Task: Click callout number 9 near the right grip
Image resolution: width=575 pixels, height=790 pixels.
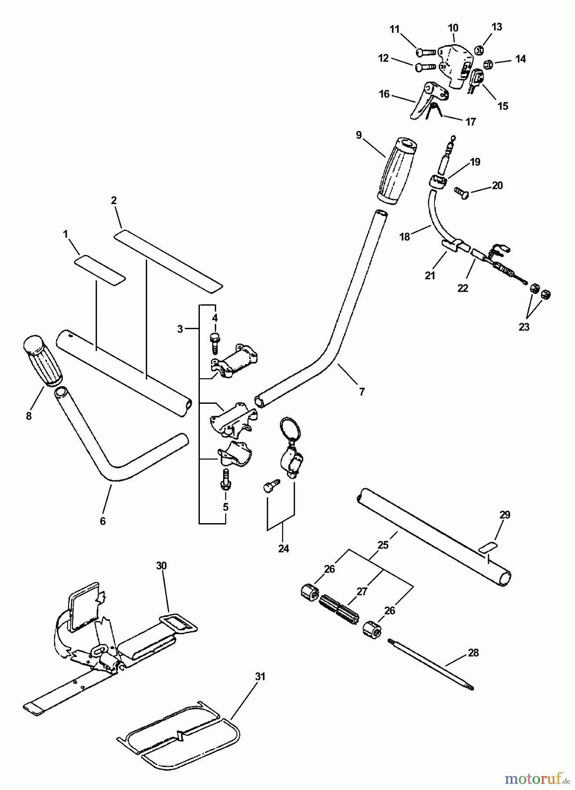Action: point(359,135)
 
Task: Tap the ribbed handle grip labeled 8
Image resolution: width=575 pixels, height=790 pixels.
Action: point(42,361)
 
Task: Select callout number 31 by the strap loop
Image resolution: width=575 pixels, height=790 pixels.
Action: point(260,677)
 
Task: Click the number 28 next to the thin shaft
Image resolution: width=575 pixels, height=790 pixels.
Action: point(473,653)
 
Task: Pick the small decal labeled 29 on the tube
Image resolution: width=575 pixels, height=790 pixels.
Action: point(488,546)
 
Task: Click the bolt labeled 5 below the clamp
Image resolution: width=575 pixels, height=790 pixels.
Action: point(225,479)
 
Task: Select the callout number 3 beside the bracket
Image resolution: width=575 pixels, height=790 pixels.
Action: point(180,329)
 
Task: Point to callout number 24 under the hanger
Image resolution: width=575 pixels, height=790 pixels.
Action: point(283,548)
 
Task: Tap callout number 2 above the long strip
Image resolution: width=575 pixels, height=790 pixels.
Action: point(114,201)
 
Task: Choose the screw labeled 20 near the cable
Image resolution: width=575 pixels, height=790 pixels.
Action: point(461,192)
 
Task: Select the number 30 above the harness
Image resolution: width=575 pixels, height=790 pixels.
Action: point(161,566)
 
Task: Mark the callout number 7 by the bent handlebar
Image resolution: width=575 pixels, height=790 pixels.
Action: point(362,391)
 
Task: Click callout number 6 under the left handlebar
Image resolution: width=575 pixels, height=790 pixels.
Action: point(103,521)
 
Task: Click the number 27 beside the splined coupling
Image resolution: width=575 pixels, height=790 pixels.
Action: point(362,592)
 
